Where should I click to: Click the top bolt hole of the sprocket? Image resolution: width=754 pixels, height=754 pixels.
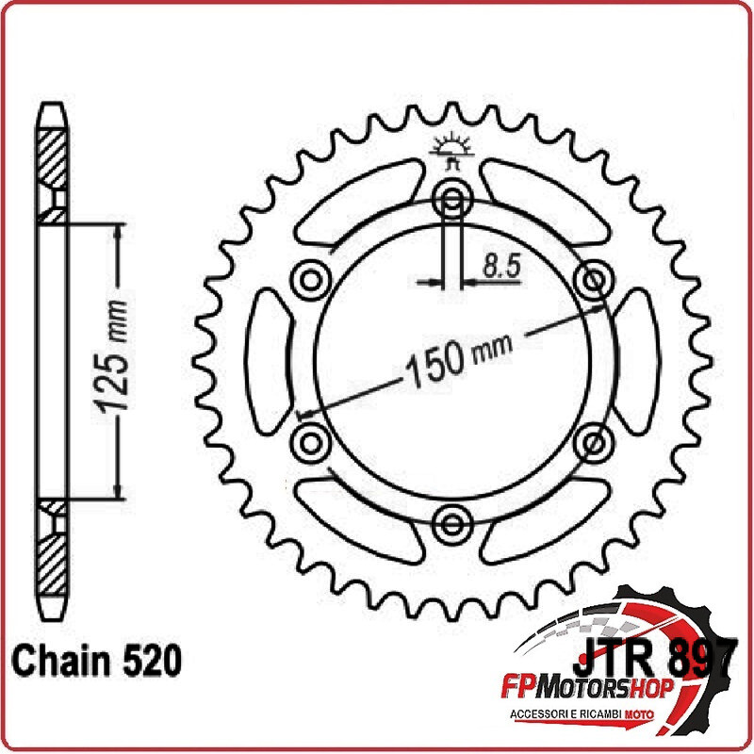click(451, 200)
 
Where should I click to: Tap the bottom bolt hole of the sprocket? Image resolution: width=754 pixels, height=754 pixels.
click(451, 520)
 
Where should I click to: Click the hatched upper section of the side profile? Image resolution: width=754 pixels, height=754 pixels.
click(53, 156)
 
